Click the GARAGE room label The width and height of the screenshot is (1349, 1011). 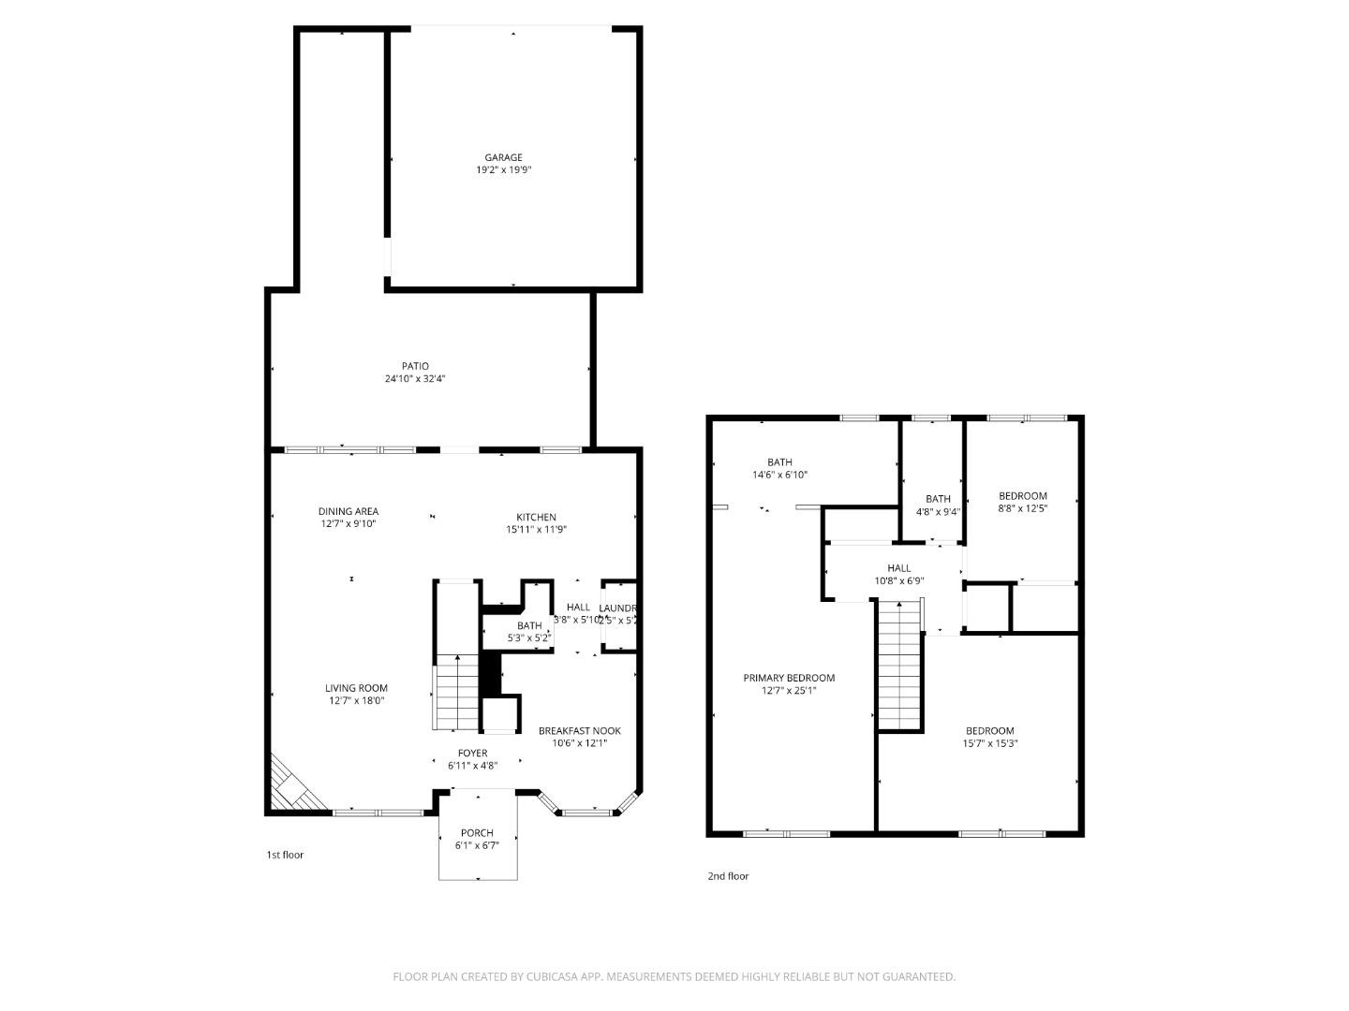[503, 157]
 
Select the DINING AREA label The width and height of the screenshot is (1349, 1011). [348, 511]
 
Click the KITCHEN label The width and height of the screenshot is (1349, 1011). [536, 517]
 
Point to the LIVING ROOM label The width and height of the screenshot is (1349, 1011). [356, 688]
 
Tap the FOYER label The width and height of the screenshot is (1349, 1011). [472, 753]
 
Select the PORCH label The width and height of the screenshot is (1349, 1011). [477, 833]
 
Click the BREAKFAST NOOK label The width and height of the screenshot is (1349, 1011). [579, 731]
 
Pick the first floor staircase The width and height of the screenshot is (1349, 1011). [456, 693]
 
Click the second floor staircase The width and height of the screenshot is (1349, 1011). [899, 665]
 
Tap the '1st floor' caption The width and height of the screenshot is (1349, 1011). [285, 855]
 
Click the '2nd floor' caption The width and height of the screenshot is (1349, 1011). [728, 876]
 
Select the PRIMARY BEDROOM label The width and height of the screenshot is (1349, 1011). [789, 678]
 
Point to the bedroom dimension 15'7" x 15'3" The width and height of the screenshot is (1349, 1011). [990, 743]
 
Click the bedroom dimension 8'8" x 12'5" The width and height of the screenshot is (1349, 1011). [1022, 508]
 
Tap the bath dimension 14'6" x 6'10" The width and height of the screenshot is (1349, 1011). [779, 475]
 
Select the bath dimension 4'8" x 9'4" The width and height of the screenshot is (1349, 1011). [938, 511]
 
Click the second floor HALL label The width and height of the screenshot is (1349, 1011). [898, 567]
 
